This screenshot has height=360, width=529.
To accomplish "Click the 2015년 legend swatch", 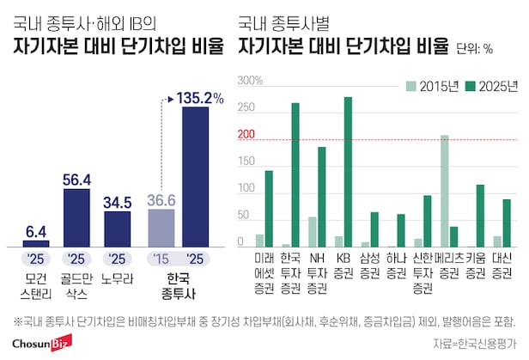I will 412,85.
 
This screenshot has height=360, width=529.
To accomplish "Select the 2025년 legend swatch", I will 471,85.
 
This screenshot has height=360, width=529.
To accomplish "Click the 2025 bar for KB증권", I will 348,172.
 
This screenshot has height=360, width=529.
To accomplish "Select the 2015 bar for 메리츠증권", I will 445,191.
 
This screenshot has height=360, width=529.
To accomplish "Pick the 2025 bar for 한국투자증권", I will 295,175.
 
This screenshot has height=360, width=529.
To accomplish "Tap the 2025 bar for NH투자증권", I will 321,197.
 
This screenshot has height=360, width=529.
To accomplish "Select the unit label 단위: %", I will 476,48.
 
